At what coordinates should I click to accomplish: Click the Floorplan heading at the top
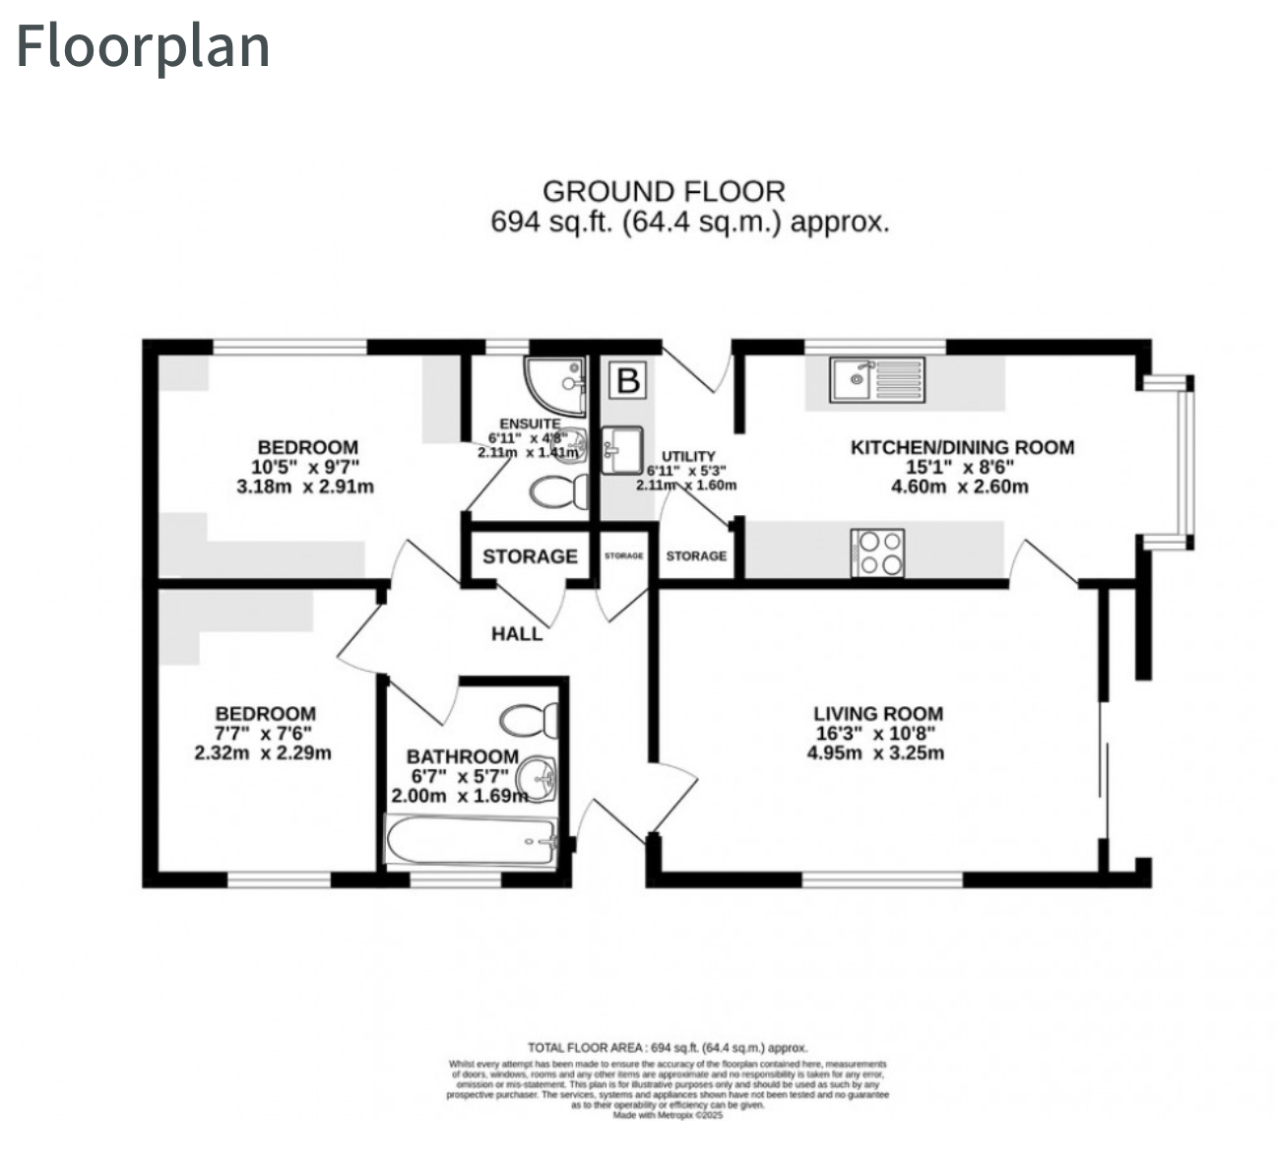[x=143, y=46]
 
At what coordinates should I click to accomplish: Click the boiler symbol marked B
[x=627, y=379]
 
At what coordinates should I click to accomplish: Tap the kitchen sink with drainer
[x=876, y=379]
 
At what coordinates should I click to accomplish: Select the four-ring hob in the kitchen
[x=877, y=553]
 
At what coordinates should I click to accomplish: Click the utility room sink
[x=620, y=449]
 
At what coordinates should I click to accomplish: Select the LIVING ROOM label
[x=878, y=714]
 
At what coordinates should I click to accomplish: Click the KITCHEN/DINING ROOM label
[x=962, y=447]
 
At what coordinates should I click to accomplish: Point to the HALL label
[x=517, y=633]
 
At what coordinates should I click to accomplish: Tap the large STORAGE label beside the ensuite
[x=530, y=556]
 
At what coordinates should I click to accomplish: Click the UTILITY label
[x=688, y=456]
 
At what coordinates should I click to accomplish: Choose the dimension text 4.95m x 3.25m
[x=876, y=753]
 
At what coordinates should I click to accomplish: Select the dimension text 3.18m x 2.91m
[x=306, y=487]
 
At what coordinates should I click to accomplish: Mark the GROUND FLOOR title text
[x=664, y=191]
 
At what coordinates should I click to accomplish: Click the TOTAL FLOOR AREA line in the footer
[x=668, y=1048]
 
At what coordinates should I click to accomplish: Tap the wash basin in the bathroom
[x=539, y=777]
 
